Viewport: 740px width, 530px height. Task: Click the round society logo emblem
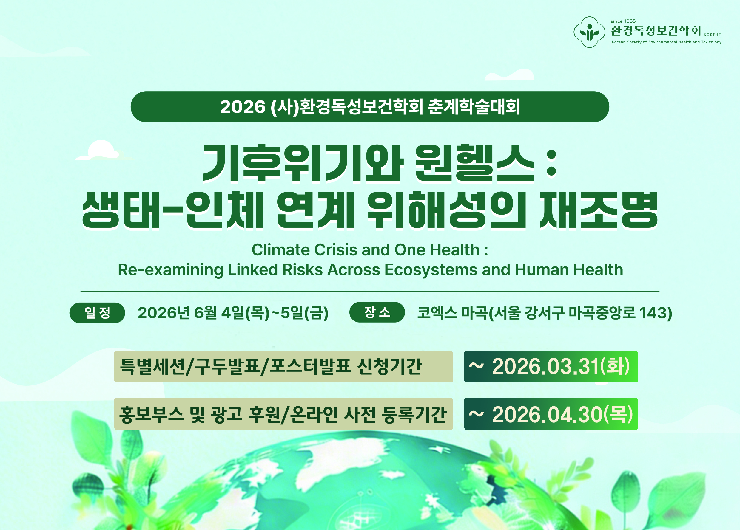point(590,32)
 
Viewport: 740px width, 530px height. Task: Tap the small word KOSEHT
point(712,35)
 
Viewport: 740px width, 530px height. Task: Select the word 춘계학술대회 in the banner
point(474,107)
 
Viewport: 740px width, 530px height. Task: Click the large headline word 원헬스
point(474,163)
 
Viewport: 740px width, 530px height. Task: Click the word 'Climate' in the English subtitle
point(280,250)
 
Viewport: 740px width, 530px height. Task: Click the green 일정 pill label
point(97,313)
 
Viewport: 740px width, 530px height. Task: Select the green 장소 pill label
point(377,312)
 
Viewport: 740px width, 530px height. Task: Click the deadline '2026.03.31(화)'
point(561,367)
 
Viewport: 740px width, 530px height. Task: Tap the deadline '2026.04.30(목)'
point(562,414)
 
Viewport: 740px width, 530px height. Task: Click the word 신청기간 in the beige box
point(390,366)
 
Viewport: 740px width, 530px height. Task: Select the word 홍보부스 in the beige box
point(151,414)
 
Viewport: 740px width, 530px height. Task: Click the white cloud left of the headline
point(103,151)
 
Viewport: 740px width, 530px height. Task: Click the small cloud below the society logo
point(509,75)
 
